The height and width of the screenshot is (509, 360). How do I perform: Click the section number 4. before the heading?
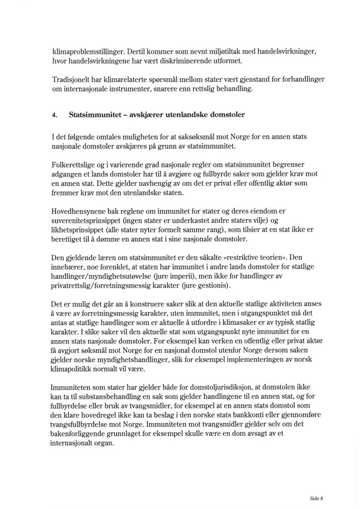(55, 115)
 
